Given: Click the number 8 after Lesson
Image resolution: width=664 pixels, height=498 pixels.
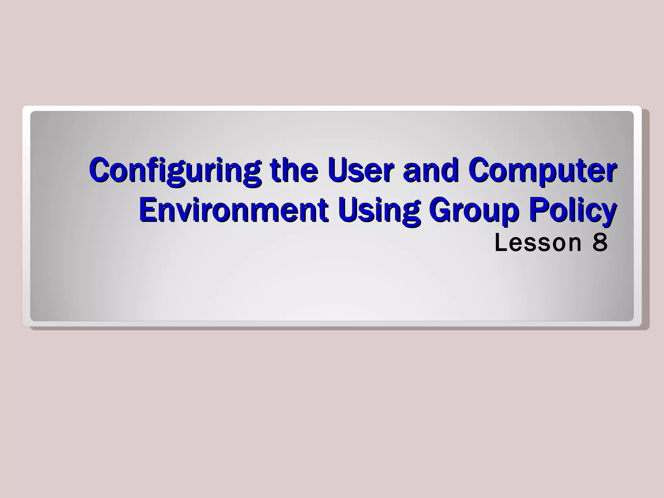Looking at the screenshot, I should tap(600, 243).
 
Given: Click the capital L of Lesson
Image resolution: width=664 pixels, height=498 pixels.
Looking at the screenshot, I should tap(501, 243).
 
